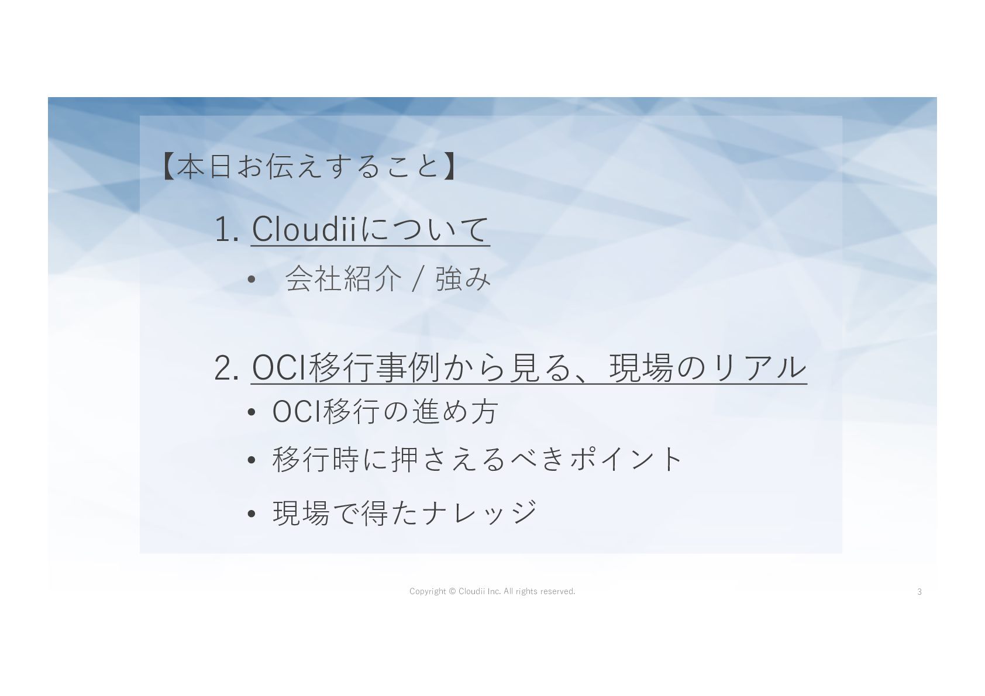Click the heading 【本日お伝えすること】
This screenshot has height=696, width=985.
click(309, 166)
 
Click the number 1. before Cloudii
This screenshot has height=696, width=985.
click(227, 229)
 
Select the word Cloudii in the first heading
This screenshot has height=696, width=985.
click(304, 229)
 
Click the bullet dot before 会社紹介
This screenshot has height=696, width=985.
click(252, 279)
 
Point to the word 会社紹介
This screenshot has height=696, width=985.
click(343, 278)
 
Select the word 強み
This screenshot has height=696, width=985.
click(463, 278)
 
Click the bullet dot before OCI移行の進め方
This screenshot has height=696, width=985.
click(252, 412)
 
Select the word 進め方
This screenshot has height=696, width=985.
click(455, 412)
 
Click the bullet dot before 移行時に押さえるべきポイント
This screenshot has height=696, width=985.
click(252, 460)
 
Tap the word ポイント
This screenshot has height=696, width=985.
click(626, 459)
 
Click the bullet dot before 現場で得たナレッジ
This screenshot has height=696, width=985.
click(252, 514)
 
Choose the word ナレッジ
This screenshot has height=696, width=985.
click(479, 513)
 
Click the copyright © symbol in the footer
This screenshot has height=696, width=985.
click(453, 591)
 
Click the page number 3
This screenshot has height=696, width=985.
click(919, 592)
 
